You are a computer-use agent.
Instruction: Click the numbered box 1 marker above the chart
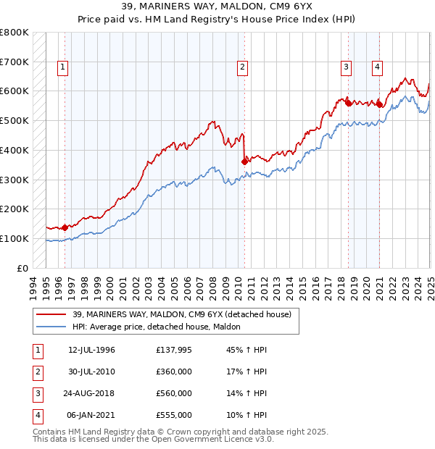[x=64, y=67]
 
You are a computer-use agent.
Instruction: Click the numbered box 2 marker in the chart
[x=242, y=67]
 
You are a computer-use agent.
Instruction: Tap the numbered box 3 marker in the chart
[x=347, y=67]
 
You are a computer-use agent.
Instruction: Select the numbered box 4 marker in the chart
[x=378, y=67]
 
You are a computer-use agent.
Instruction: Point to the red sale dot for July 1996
[x=65, y=227]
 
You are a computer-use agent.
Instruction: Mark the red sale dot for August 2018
[x=348, y=103]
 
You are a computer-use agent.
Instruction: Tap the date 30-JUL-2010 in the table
[x=92, y=372]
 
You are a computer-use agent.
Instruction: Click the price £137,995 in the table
[x=173, y=350]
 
